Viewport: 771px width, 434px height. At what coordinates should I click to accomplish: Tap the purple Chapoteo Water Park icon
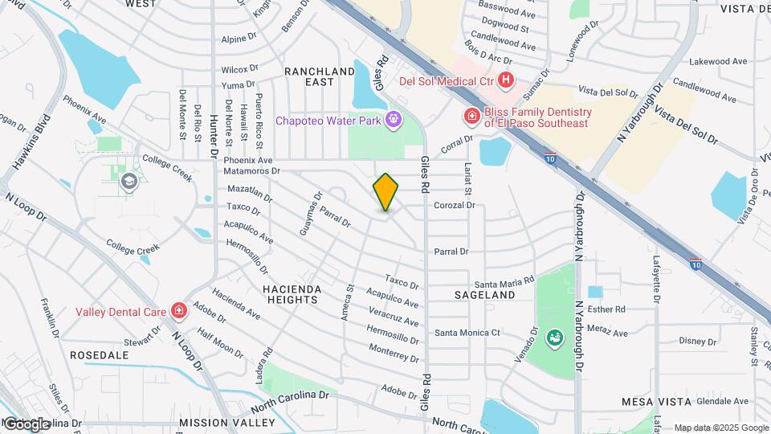(x=393, y=121)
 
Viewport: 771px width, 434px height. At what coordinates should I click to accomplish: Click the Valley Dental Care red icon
(x=177, y=311)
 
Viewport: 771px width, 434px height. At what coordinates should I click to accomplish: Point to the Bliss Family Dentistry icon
(x=471, y=117)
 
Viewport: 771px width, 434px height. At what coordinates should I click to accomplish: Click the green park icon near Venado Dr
(x=553, y=338)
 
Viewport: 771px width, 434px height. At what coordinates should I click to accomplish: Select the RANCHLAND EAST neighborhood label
(x=320, y=76)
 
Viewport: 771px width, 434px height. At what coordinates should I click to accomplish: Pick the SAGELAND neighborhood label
(x=484, y=295)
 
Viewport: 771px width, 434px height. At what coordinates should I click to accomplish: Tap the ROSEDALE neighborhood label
(x=100, y=354)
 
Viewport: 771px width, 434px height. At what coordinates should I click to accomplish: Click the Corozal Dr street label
(x=455, y=205)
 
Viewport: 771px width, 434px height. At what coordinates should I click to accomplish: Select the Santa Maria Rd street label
(x=504, y=282)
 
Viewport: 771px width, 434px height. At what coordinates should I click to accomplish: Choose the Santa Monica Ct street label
(x=467, y=332)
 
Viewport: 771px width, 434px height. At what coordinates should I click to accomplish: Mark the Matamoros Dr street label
(x=252, y=170)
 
